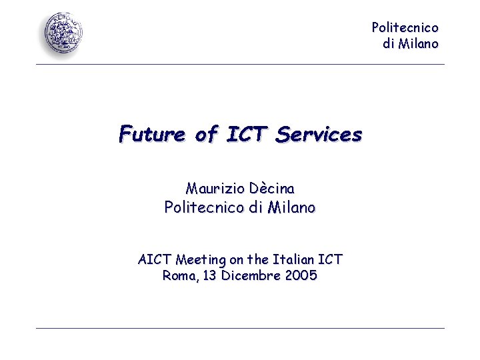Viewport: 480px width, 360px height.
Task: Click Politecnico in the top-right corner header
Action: (405, 28)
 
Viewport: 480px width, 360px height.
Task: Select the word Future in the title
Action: (152, 135)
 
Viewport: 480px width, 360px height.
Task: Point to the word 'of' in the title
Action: (207, 135)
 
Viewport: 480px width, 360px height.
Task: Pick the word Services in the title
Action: (319, 135)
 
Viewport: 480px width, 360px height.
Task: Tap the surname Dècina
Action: (271, 189)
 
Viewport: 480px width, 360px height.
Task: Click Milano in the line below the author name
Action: (291, 208)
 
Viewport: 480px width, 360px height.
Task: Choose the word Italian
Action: (291, 259)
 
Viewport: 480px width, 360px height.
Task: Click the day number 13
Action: (209, 275)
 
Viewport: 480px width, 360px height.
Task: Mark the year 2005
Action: (300, 275)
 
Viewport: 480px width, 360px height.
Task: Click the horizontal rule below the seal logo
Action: (240, 65)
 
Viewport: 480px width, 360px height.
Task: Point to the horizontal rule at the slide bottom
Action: (240, 328)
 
